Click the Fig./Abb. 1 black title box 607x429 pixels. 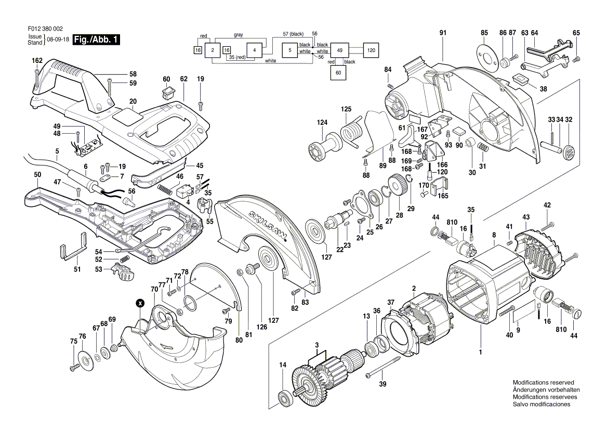click(x=97, y=40)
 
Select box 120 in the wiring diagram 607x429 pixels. click(x=371, y=50)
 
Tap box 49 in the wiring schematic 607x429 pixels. click(x=339, y=50)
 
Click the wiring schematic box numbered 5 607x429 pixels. click(x=289, y=50)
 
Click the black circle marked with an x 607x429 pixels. click(x=140, y=303)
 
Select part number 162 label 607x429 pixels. click(x=37, y=61)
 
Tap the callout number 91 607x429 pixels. click(x=443, y=33)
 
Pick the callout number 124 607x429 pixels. click(x=322, y=123)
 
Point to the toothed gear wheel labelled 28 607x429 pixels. click(x=397, y=186)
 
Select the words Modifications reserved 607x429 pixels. click(x=543, y=382)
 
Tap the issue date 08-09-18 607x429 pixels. click(x=58, y=40)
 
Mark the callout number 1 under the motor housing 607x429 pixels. click(x=480, y=352)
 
